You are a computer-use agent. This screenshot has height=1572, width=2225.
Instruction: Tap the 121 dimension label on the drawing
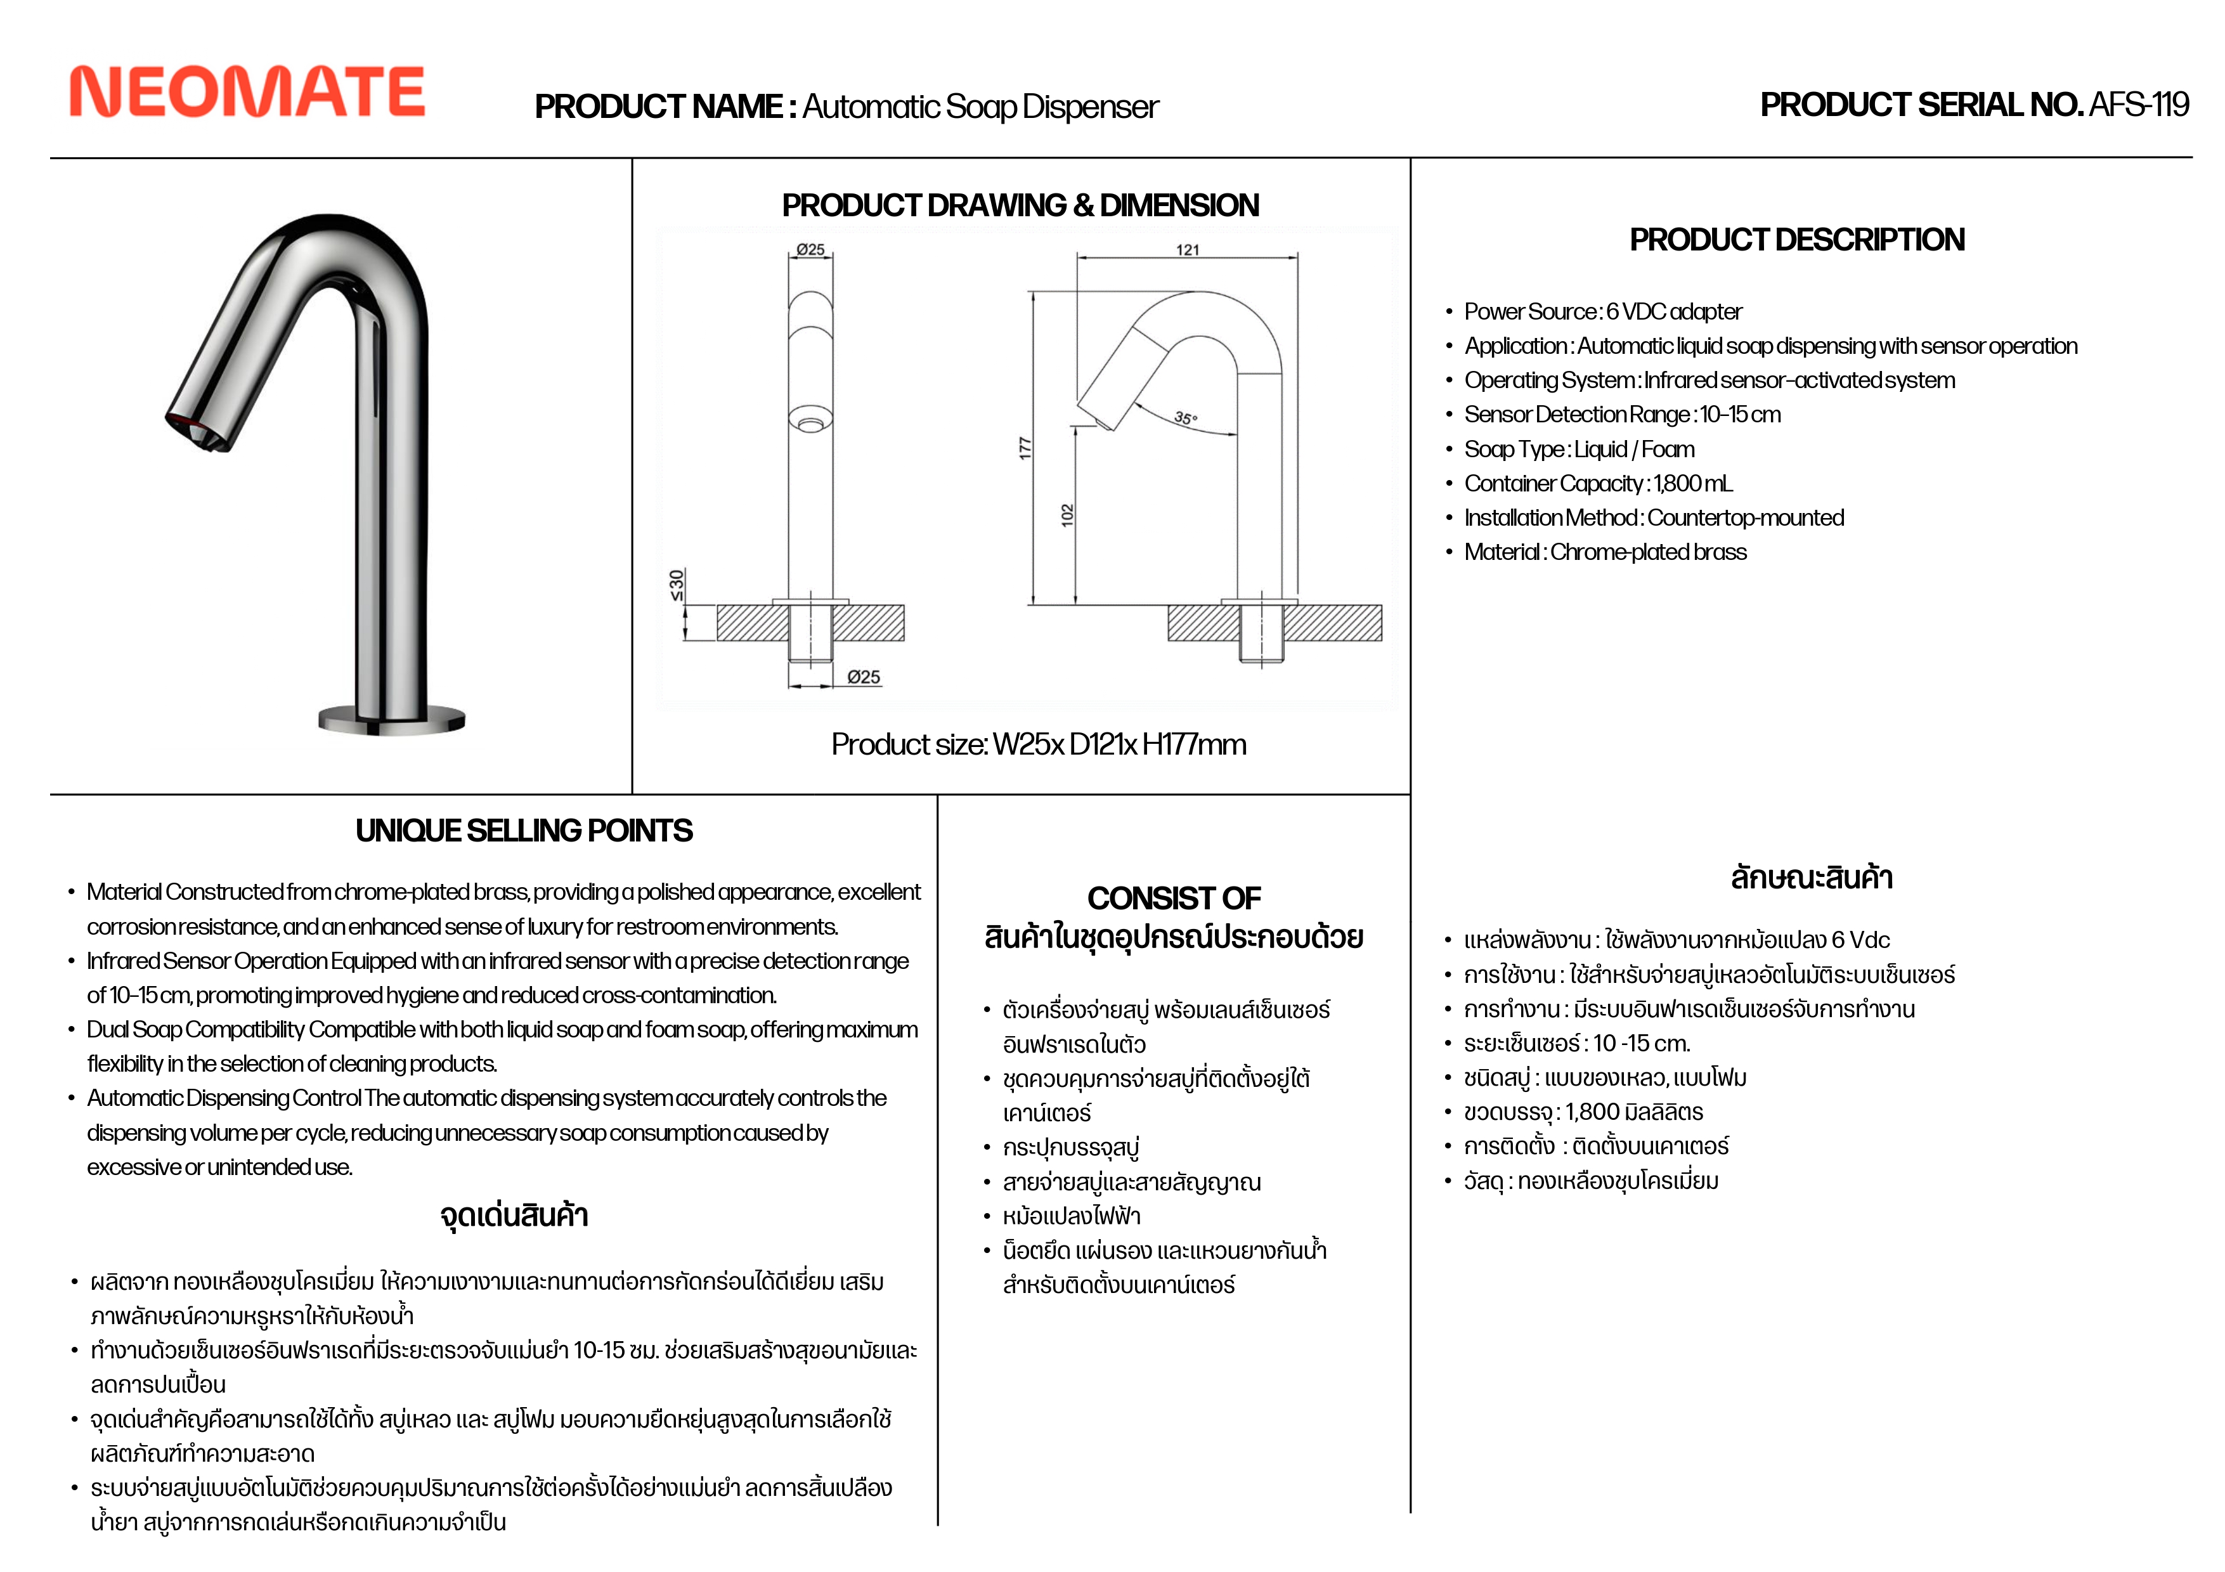click(x=1187, y=250)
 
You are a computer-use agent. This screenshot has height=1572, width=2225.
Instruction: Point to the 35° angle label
click(x=1185, y=419)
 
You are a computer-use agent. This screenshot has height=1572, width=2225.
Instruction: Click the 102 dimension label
click(x=1067, y=515)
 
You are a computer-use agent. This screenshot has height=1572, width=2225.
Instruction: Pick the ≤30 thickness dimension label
click(x=677, y=585)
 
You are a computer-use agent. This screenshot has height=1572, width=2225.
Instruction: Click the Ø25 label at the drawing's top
click(x=810, y=250)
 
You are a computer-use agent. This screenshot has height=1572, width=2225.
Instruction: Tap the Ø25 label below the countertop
click(x=864, y=677)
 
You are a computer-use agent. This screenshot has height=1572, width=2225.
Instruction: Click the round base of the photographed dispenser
click(x=391, y=720)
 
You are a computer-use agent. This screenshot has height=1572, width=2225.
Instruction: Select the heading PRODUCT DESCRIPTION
click(x=1796, y=240)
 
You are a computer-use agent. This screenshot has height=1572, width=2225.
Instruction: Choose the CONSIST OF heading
click(x=1174, y=899)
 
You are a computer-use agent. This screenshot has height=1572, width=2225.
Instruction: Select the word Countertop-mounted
click(x=1745, y=517)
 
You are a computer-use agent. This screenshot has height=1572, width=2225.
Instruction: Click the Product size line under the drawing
click(x=1038, y=744)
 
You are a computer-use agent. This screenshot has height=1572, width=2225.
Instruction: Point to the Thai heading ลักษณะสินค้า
click(x=1811, y=878)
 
